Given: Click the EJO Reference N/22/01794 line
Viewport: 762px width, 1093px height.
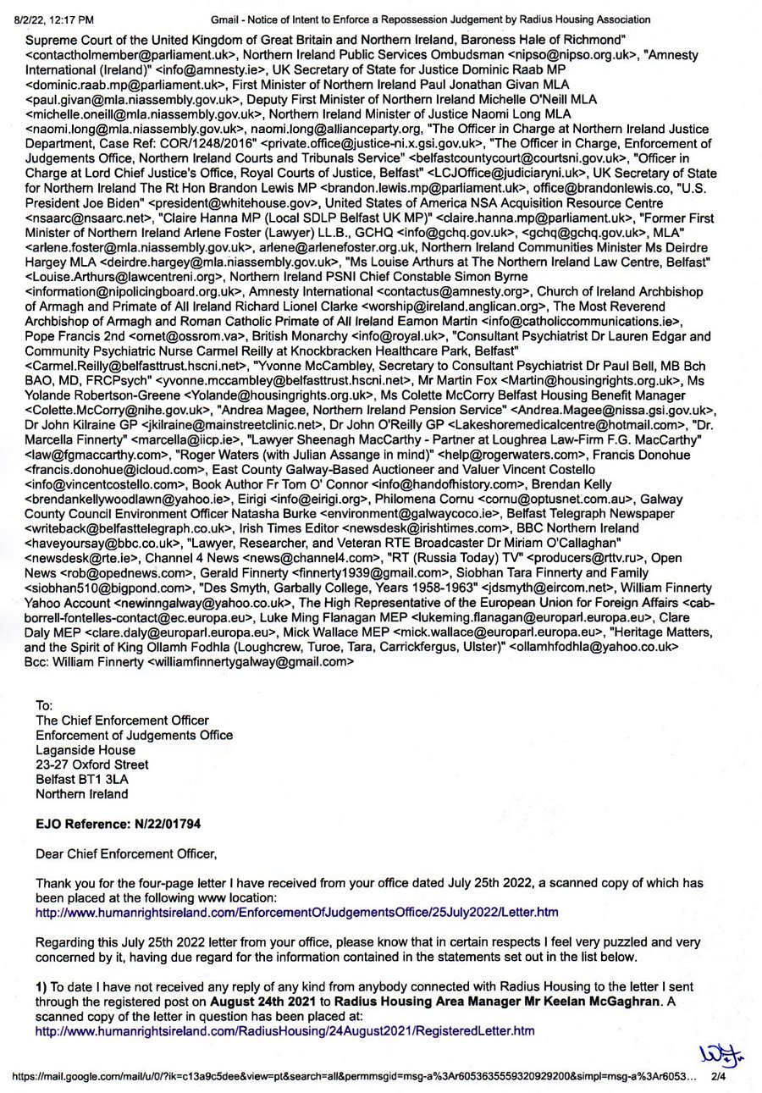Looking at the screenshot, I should (x=118, y=823).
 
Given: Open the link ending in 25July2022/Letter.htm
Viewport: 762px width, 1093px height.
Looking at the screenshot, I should (x=296, y=912).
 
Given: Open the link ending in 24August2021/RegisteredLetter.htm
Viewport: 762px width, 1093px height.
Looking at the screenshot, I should (x=284, y=1030).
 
